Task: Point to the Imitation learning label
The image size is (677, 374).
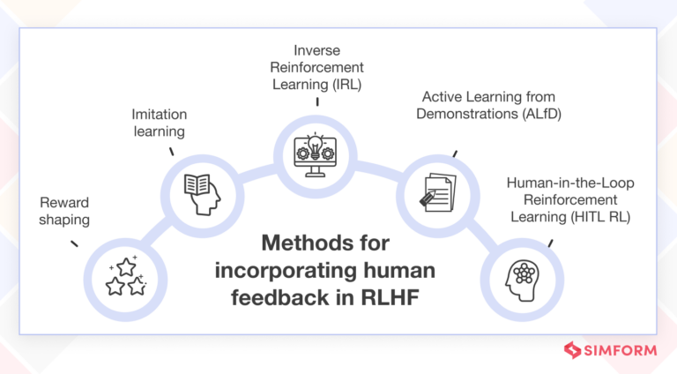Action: tap(159, 123)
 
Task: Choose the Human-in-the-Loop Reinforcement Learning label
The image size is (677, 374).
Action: tap(569, 195)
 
